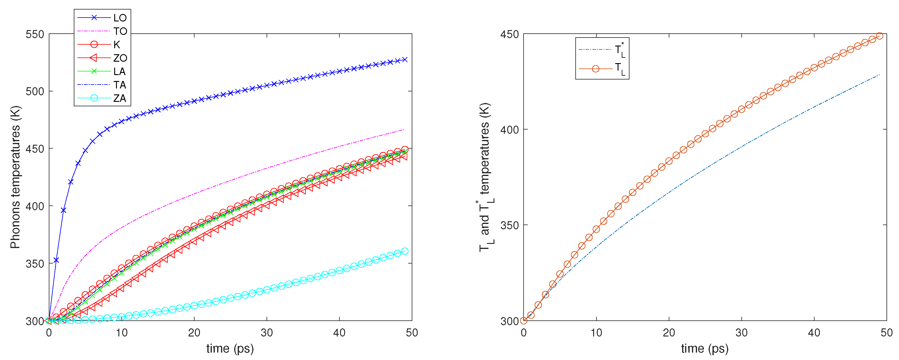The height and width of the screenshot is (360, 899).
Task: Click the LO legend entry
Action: point(120,18)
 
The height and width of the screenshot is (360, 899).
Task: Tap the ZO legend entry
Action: point(120,58)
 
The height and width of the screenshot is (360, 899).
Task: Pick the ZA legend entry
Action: point(119,98)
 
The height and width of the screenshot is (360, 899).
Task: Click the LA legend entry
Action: point(119,71)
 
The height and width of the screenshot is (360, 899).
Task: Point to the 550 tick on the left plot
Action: point(35,34)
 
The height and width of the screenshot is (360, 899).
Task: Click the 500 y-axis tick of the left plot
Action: point(35,91)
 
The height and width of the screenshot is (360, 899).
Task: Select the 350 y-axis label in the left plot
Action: point(35,264)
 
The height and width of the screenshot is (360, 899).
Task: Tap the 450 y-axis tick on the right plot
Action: point(510,34)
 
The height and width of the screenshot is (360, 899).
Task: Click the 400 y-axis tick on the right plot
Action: point(510,130)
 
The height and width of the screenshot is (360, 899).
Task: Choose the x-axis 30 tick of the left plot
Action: point(267,332)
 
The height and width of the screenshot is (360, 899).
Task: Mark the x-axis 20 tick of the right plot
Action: point(669,332)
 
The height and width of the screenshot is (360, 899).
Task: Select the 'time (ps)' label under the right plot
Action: point(705,348)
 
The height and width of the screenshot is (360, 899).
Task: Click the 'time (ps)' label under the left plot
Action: point(230,348)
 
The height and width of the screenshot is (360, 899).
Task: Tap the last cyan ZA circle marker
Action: point(405,251)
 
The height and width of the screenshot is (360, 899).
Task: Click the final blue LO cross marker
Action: point(405,60)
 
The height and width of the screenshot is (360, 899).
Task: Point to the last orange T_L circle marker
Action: point(879,36)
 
